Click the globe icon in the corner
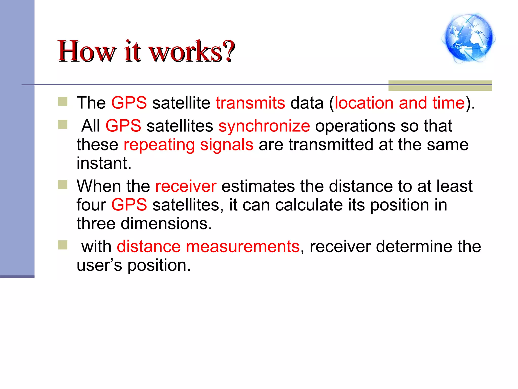pyautogui.click(x=468, y=38)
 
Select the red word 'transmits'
pyautogui.click(x=250, y=103)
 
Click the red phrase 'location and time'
pyautogui.click(x=400, y=103)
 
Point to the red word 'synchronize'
pyautogui.click(x=264, y=126)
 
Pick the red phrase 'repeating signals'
pyautogui.click(x=188, y=145)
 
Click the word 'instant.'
pyautogui.click(x=104, y=163)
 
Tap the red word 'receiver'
pyautogui.click(x=186, y=186)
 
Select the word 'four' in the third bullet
pyautogui.click(x=91, y=205)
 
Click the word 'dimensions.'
pyautogui.click(x=166, y=224)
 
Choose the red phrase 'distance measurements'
pyautogui.click(x=208, y=247)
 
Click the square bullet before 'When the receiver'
pyautogui.click(x=63, y=185)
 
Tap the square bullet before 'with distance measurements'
pyautogui.click(x=63, y=245)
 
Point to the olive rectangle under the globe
pyautogui.click(x=440, y=86)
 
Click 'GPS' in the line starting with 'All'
pyautogui.click(x=123, y=126)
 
